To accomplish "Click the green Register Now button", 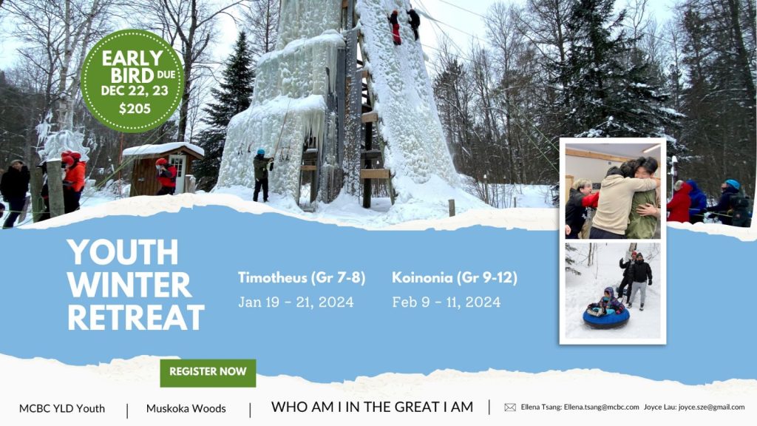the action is tap(208, 373).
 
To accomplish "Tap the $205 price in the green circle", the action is tap(135, 109).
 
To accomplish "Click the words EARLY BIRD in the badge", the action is tap(132, 67).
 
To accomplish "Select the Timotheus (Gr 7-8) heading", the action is tap(302, 278).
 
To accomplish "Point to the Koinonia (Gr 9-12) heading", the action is tap(455, 278).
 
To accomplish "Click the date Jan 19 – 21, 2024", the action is tap(296, 302).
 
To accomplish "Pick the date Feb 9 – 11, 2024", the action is tap(446, 302).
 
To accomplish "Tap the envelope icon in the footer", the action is tap(510, 408).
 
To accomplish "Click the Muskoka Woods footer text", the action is tap(186, 408).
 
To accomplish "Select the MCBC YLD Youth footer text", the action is tap(62, 408).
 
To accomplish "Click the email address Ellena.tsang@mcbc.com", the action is tap(601, 408).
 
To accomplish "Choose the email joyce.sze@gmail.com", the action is tap(711, 408).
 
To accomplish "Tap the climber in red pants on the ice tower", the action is tap(395, 27).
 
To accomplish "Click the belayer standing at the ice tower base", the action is tap(262, 175).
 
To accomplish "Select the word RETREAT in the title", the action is tap(136, 317).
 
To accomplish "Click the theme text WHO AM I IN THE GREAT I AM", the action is tap(373, 408).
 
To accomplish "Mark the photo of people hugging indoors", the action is tap(613, 191).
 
